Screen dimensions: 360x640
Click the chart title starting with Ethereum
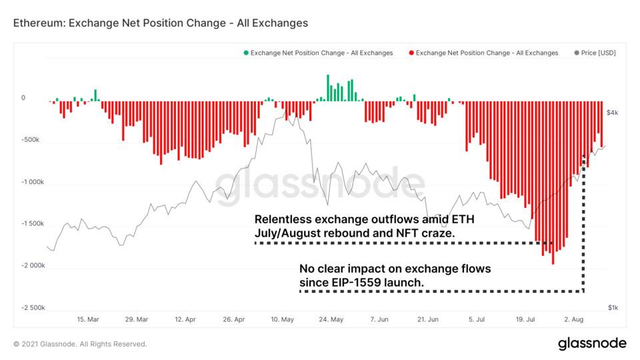pyautogui.click(x=161, y=23)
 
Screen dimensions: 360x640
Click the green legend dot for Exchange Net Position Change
pyautogui.click(x=245, y=53)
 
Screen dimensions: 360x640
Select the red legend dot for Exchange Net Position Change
pyautogui.click(x=411, y=53)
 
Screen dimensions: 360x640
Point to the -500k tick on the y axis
pyautogui.click(x=30, y=141)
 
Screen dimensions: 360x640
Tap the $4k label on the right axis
pyautogui.click(x=613, y=113)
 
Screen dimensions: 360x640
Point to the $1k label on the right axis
pyautogui.click(x=613, y=307)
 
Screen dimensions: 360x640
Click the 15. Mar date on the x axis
pyautogui.click(x=88, y=320)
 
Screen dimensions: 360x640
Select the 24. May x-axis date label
pyautogui.click(x=331, y=320)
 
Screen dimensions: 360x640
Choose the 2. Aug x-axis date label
pyautogui.click(x=575, y=320)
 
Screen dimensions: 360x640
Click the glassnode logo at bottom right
pyautogui.click(x=591, y=343)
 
